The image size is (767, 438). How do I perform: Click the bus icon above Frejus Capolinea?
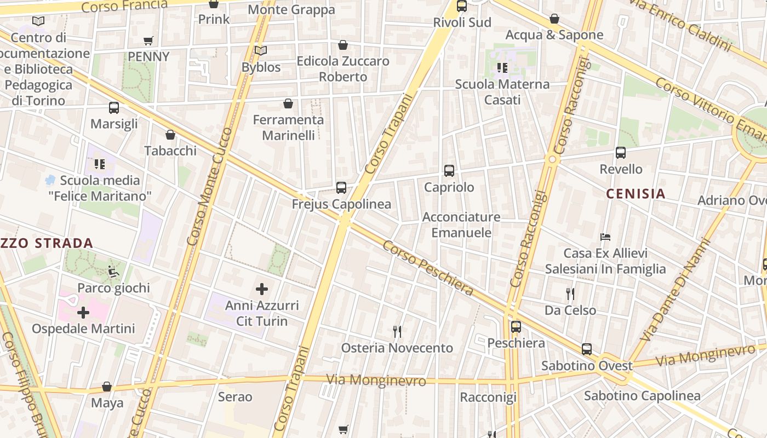pos(341,188)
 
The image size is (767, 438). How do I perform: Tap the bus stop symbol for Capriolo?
pos(449,171)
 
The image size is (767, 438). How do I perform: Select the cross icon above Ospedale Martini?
pos(83,313)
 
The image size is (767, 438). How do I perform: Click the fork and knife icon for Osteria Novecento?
pos(398,331)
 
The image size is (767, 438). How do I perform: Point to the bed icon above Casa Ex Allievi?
pos(605,237)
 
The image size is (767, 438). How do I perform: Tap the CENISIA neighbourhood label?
pos(636,193)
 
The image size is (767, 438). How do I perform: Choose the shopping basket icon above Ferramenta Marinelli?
pos(288,103)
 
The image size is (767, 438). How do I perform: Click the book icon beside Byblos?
pos(261,51)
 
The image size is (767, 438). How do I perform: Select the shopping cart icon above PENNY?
pos(148,41)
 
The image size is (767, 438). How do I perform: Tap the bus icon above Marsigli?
pos(114,108)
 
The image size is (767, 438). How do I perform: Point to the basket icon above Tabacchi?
pos(170,135)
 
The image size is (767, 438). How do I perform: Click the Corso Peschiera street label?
pos(428,268)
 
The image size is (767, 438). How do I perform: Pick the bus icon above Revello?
pos(621,153)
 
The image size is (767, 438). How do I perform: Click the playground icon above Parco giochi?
pos(113,271)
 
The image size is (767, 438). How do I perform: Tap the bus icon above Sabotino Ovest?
pos(587,349)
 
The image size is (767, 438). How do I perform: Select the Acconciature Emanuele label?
pos(461,224)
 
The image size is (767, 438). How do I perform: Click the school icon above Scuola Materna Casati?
pos(502,68)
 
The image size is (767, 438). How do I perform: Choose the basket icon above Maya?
pos(107,387)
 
